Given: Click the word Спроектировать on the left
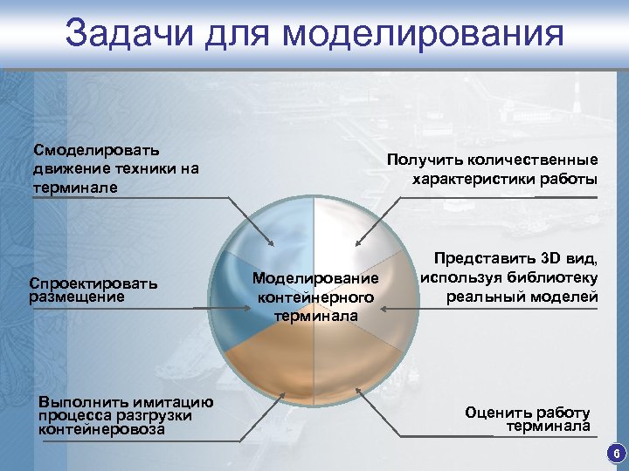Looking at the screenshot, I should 93,283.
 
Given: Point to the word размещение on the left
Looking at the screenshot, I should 77,297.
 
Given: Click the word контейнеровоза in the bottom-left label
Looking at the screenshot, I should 102,428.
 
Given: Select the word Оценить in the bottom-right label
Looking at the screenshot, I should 498,413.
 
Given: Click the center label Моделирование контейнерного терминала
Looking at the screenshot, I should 315,297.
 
